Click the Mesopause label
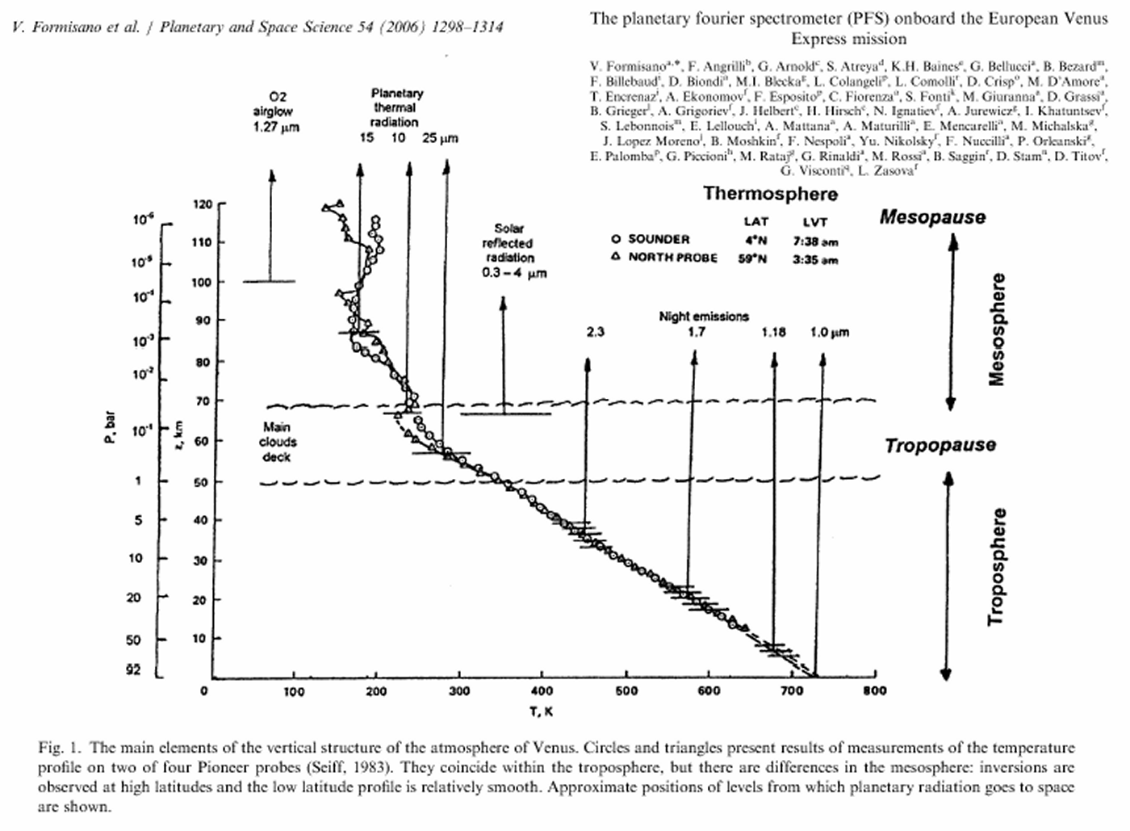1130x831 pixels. pos(932,217)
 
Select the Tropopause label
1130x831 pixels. pos(940,446)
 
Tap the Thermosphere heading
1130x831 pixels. pos(770,194)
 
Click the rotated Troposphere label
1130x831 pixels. pos(998,567)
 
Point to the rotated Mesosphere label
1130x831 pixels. pos(998,329)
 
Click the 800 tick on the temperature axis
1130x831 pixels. pos(874,690)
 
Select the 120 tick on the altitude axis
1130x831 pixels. pos(203,205)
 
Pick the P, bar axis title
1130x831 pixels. pos(110,429)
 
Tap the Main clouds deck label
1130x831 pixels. pos(277,442)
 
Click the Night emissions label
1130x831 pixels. pos(704,317)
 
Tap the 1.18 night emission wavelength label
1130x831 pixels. pos(772,333)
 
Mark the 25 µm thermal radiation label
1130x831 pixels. pos(440,139)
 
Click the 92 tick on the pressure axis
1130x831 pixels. pos(133,671)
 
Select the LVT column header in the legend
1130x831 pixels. pos(815,222)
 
